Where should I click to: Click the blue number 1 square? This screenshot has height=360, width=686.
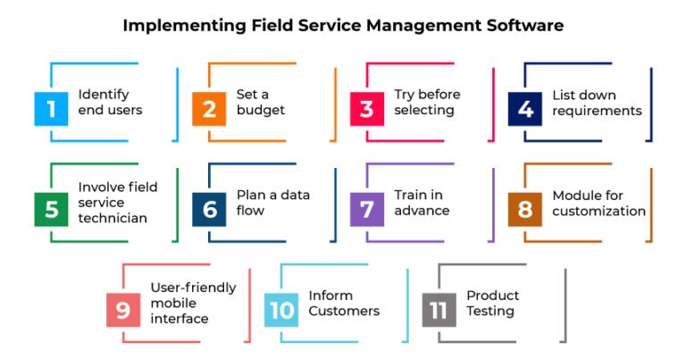[x=52, y=109]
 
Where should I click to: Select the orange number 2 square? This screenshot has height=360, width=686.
[x=210, y=109]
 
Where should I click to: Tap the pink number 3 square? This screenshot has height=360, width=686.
[x=367, y=109]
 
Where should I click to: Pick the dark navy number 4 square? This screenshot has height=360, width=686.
[x=525, y=109]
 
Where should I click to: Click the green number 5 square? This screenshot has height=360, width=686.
[x=52, y=209]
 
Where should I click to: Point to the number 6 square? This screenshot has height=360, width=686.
[x=210, y=209]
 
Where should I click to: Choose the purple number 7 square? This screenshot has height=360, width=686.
[x=367, y=209]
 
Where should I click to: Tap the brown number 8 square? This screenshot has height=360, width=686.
[x=525, y=209]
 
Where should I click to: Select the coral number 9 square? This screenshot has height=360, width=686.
[x=122, y=309]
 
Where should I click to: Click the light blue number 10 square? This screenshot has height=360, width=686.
[x=282, y=309]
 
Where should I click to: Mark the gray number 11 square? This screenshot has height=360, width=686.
[x=439, y=309]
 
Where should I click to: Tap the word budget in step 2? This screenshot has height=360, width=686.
[x=261, y=111]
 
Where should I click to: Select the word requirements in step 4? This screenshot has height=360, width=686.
[x=597, y=111]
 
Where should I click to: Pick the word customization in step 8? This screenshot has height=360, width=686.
[x=598, y=211]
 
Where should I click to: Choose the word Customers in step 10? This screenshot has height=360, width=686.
[x=344, y=311]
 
